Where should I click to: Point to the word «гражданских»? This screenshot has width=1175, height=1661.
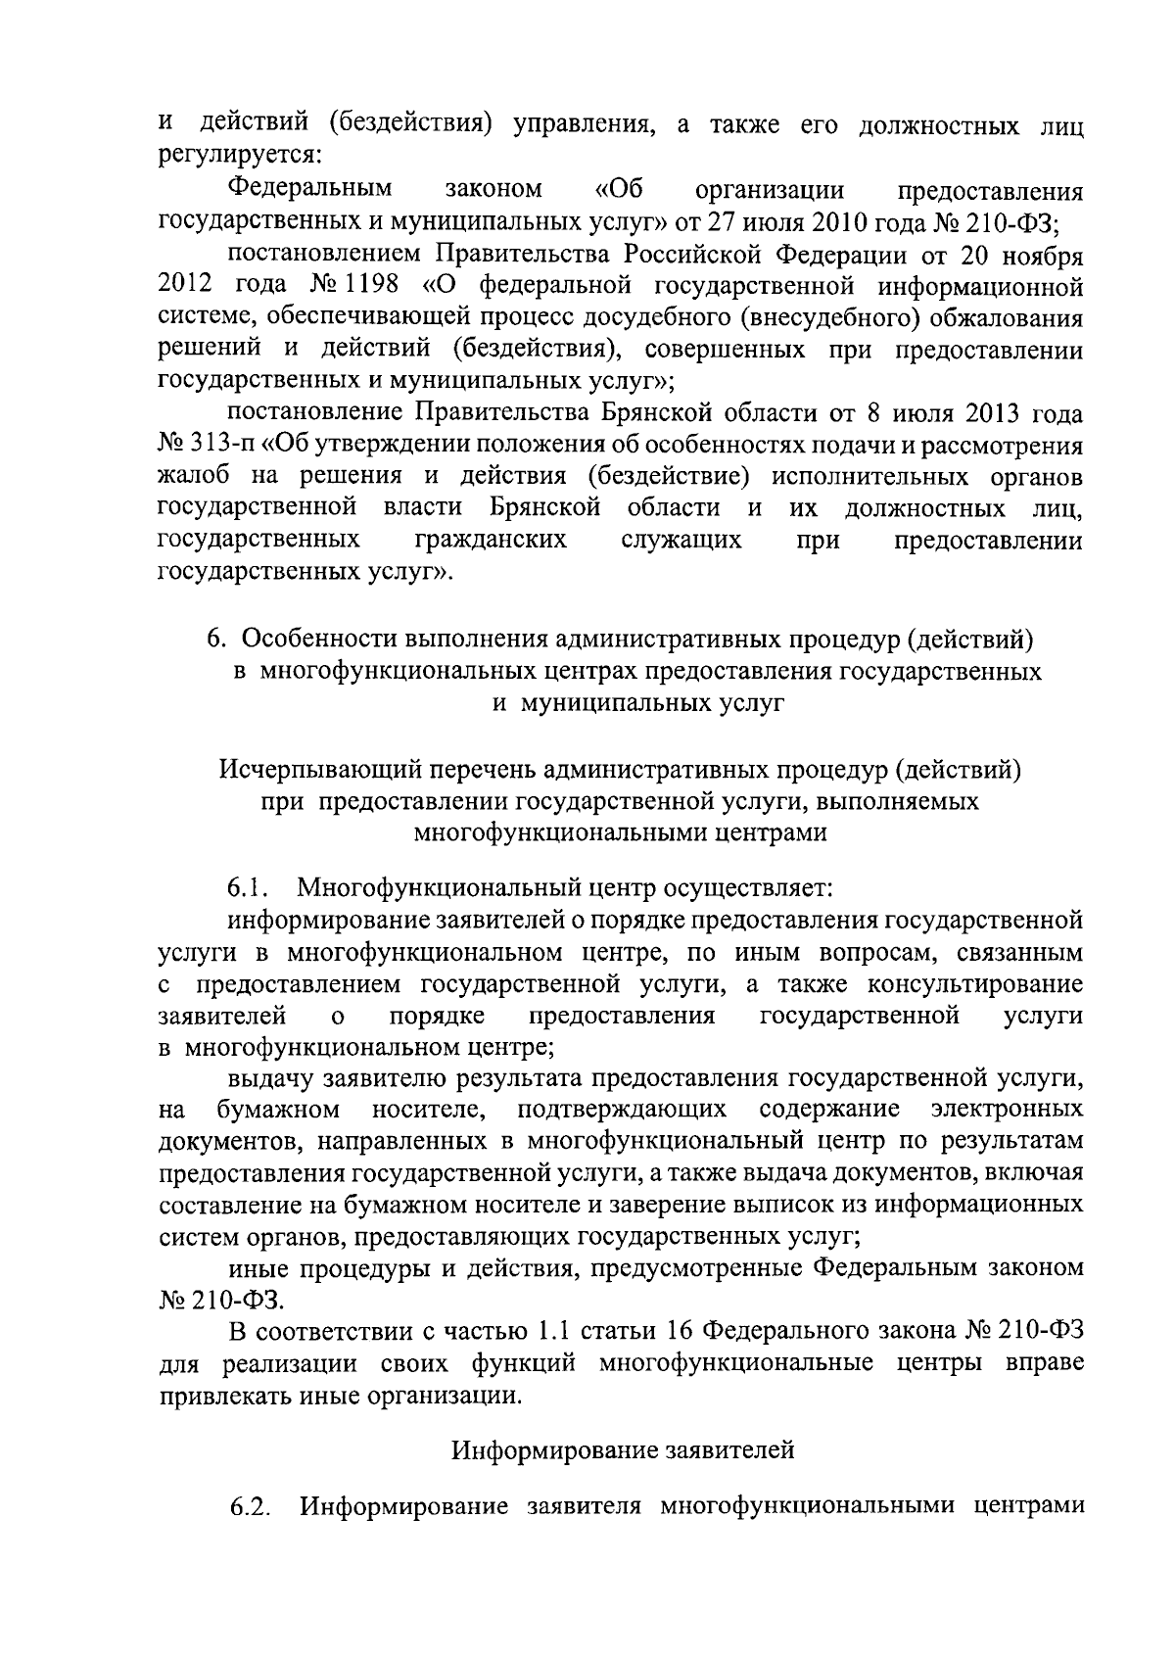coord(491,541)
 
